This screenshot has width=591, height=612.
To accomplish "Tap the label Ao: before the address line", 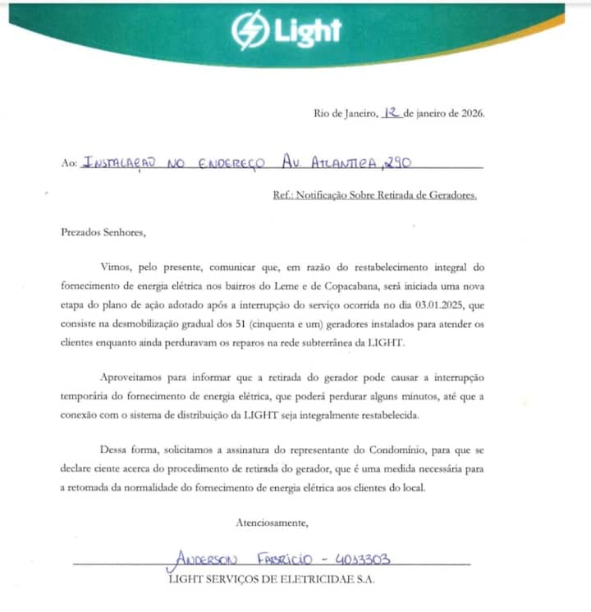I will tap(69, 163).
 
